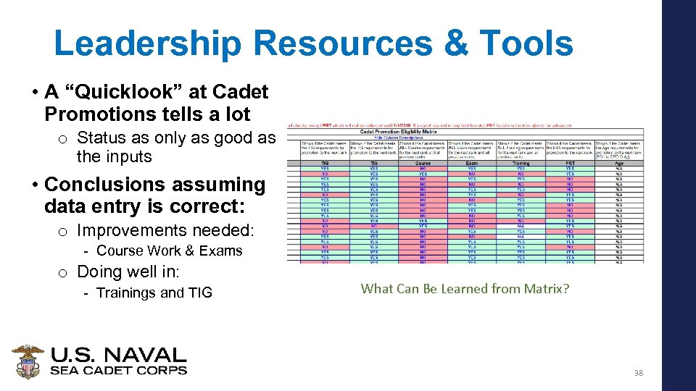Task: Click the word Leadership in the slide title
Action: (x=148, y=43)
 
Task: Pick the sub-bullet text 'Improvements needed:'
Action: (x=166, y=230)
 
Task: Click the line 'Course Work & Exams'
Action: (x=169, y=251)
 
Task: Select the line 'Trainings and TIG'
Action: (x=154, y=293)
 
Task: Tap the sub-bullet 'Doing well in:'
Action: (x=128, y=272)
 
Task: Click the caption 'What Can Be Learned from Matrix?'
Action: (x=465, y=288)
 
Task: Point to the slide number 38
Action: (x=638, y=373)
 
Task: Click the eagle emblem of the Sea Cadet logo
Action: (x=28, y=361)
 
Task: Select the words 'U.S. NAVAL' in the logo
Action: (x=118, y=356)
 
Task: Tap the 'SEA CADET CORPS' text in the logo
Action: (x=118, y=370)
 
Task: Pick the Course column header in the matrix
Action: (x=423, y=164)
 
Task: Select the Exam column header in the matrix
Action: (x=472, y=164)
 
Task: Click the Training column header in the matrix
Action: (x=521, y=164)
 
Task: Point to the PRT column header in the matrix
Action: (x=570, y=164)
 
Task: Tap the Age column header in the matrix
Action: (x=618, y=164)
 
